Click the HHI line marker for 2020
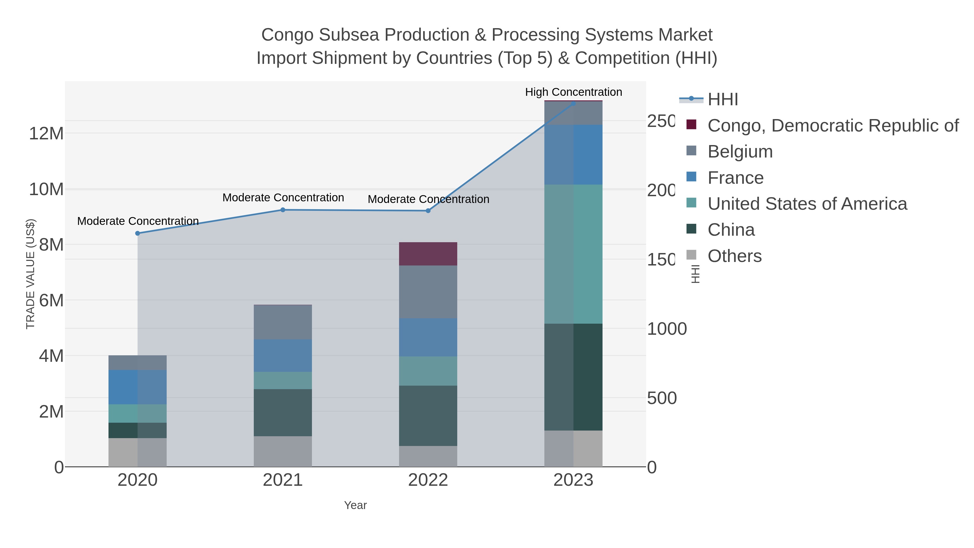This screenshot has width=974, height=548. click(138, 233)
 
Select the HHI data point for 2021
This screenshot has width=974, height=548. click(283, 210)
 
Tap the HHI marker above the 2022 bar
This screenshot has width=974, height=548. click(428, 211)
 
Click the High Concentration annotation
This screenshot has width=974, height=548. click(573, 92)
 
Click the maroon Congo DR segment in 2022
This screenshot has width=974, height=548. click(428, 254)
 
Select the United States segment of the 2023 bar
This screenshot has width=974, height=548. click(573, 254)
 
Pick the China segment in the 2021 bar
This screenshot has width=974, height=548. click(283, 413)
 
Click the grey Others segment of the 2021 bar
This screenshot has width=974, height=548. click(283, 451)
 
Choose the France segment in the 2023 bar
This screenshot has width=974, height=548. click(573, 155)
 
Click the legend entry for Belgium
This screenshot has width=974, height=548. click(740, 152)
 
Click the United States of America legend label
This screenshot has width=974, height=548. click(807, 204)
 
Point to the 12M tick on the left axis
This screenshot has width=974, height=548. click(46, 133)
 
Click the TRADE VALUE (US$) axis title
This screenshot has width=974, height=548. click(30, 274)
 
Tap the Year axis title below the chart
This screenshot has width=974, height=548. click(355, 505)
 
